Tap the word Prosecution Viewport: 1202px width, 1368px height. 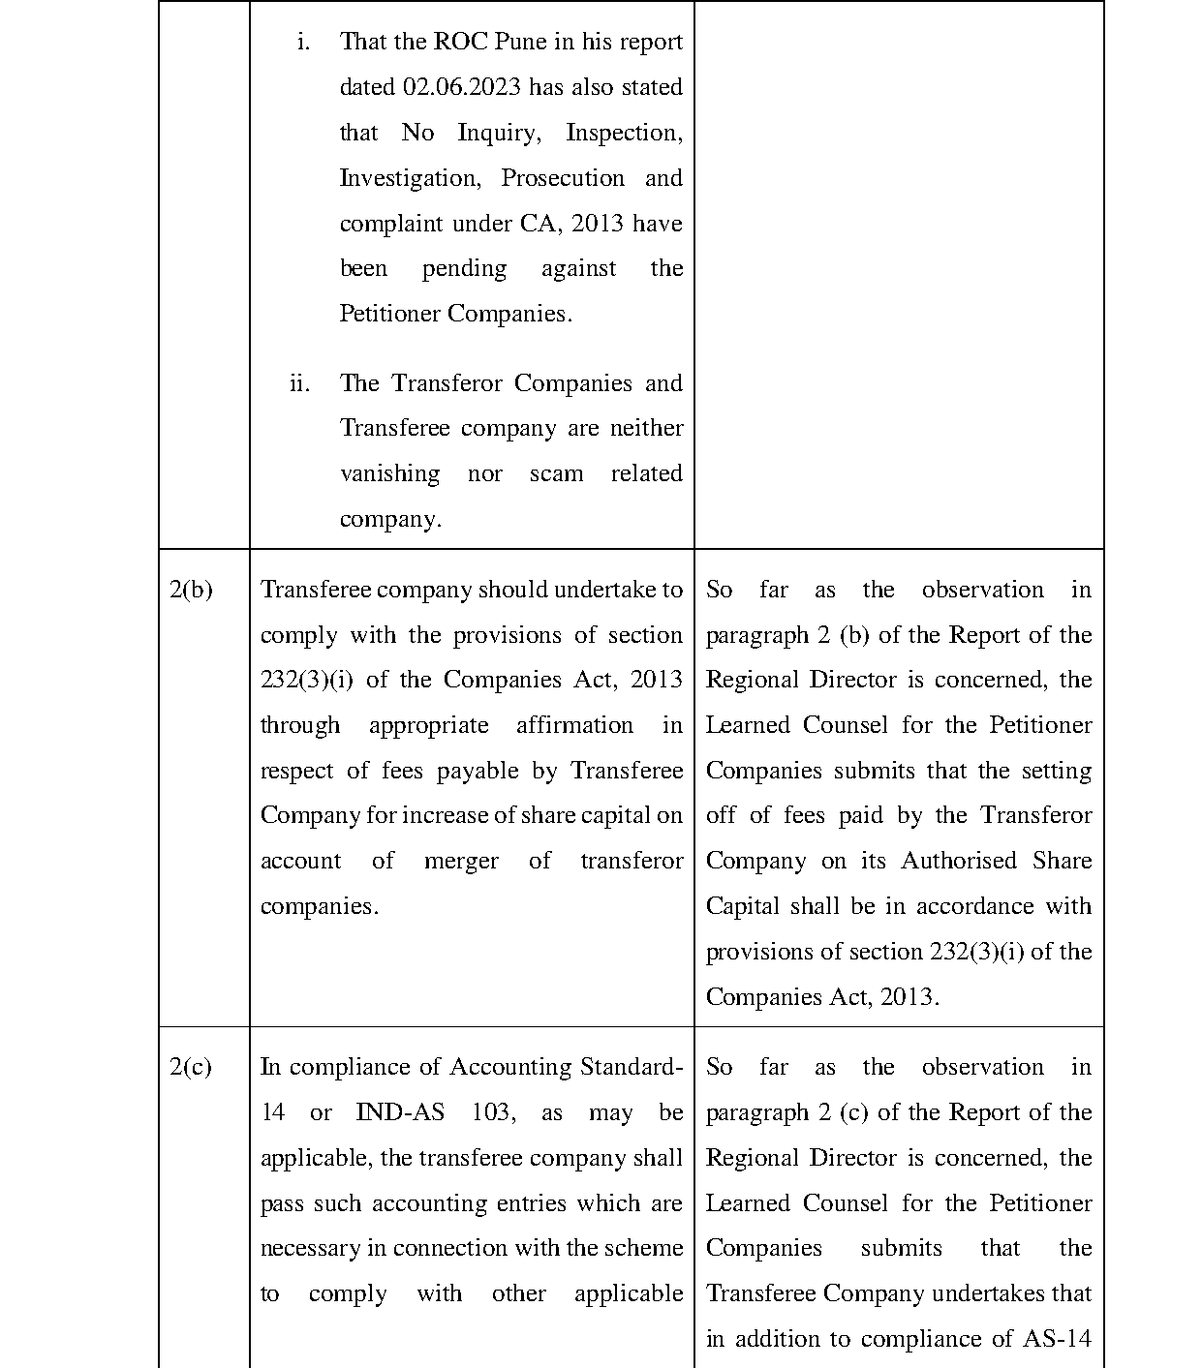(563, 178)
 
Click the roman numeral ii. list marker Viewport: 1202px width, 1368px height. (299, 383)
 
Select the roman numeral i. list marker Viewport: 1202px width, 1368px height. (303, 42)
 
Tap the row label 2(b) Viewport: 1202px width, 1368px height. (191, 590)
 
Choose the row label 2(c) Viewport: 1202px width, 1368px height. (191, 1067)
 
